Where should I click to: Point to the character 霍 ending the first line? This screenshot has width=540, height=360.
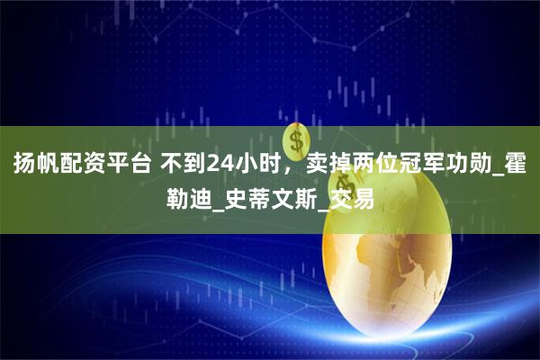518,164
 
